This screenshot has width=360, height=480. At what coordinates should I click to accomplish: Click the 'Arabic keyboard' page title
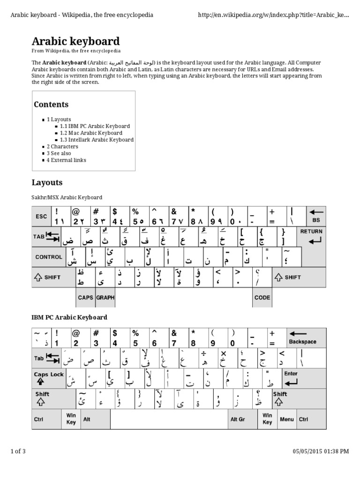(x=75, y=41)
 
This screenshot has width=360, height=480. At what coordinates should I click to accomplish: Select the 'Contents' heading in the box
(x=52, y=105)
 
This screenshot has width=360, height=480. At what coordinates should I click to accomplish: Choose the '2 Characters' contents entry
(x=62, y=147)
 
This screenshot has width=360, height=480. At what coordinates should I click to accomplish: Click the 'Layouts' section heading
(x=47, y=182)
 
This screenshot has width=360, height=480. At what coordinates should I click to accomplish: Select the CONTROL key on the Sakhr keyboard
(x=49, y=257)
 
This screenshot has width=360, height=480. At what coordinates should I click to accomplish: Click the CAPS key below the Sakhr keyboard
(x=85, y=297)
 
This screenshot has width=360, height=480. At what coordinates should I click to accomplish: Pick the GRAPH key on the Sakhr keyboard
(x=105, y=297)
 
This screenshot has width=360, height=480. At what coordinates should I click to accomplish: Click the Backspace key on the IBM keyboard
(x=305, y=337)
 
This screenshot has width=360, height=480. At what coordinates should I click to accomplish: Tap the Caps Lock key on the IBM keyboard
(x=48, y=378)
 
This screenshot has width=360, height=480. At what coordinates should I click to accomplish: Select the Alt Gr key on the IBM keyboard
(x=238, y=419)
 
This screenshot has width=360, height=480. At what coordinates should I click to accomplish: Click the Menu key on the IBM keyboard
(x=287, y=419)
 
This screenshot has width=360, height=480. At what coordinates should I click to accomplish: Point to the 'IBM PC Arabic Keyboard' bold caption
(x=69, y=317)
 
